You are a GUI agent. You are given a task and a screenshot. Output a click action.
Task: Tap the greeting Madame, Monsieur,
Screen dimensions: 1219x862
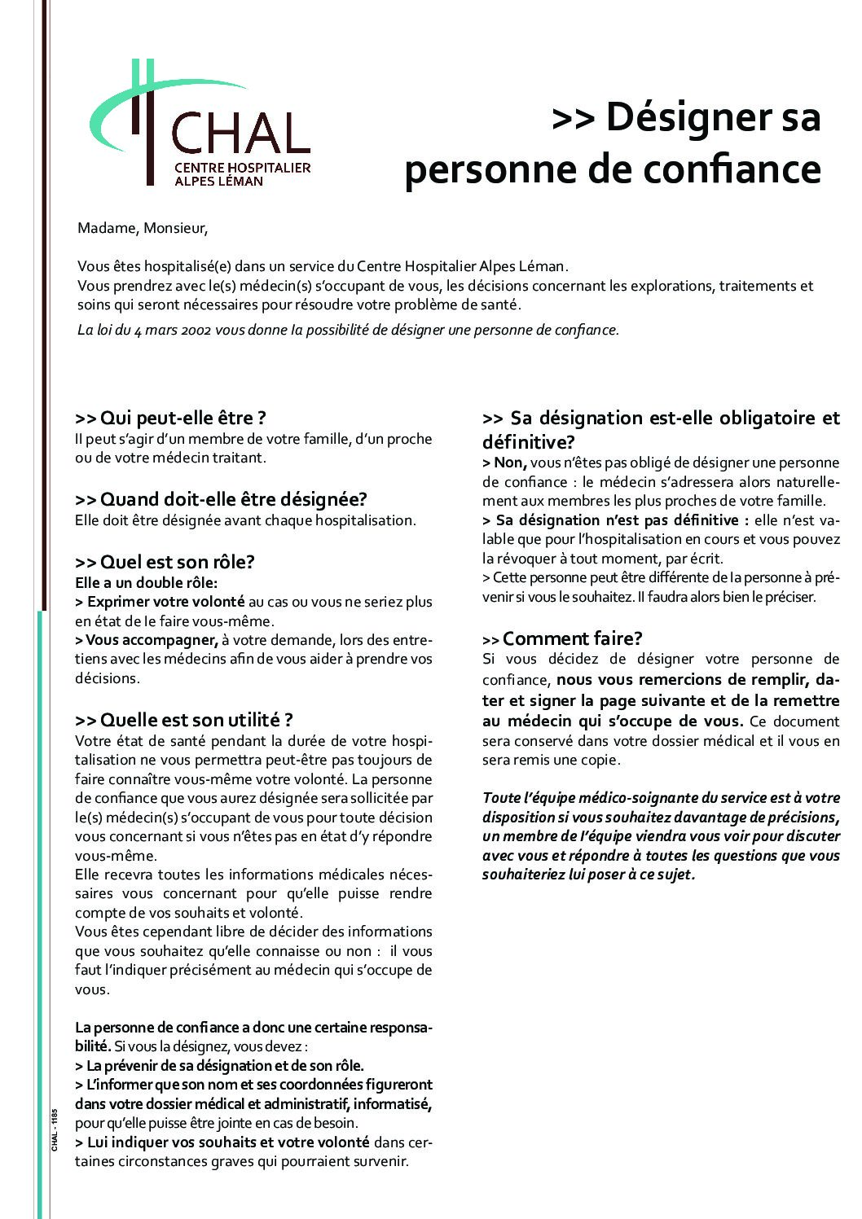click(x=143, y=229)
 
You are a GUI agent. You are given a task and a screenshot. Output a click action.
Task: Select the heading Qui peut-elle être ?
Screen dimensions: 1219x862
click(x=170, y=419)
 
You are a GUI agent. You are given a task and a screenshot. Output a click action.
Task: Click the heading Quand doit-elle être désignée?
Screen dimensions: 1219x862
click(x=221, y=499)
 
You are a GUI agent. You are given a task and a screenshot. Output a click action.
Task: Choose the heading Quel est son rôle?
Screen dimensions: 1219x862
click(x=165, y=562)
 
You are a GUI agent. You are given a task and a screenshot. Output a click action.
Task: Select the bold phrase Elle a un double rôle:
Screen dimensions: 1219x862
click(x=146, y=583)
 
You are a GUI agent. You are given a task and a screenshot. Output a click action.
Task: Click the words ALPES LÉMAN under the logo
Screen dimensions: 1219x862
click(x=218, y=181)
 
